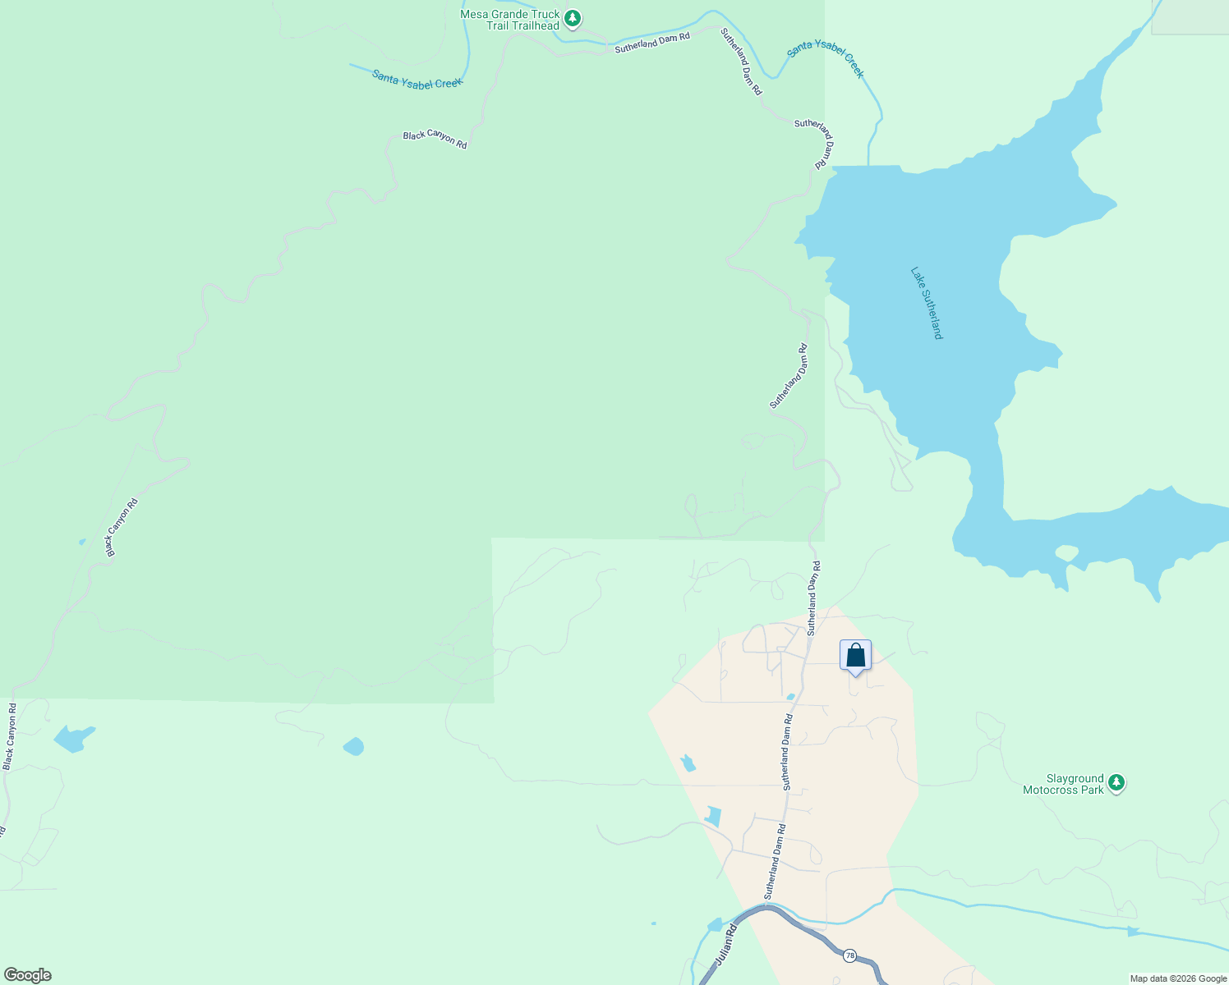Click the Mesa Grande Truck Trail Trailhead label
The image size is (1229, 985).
point(510,20)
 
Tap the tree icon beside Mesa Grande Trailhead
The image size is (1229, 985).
point(573,18)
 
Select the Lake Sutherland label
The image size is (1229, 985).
point(927,303)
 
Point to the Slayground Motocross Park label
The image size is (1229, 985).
point(1063,784)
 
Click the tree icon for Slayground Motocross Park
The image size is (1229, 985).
point(1116,782)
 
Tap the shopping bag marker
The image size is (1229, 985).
point(855,657)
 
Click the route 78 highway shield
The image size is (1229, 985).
point(849,955)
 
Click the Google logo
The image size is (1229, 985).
point(27,975)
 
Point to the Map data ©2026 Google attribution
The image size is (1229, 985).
point(1177,978)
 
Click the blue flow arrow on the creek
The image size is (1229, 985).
point(1134,931)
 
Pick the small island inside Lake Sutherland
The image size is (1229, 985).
point(1066,552)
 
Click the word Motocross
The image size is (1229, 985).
point(1052,790)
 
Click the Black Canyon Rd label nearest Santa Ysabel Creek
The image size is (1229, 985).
point(435,139)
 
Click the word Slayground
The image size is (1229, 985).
point(1075,778)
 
